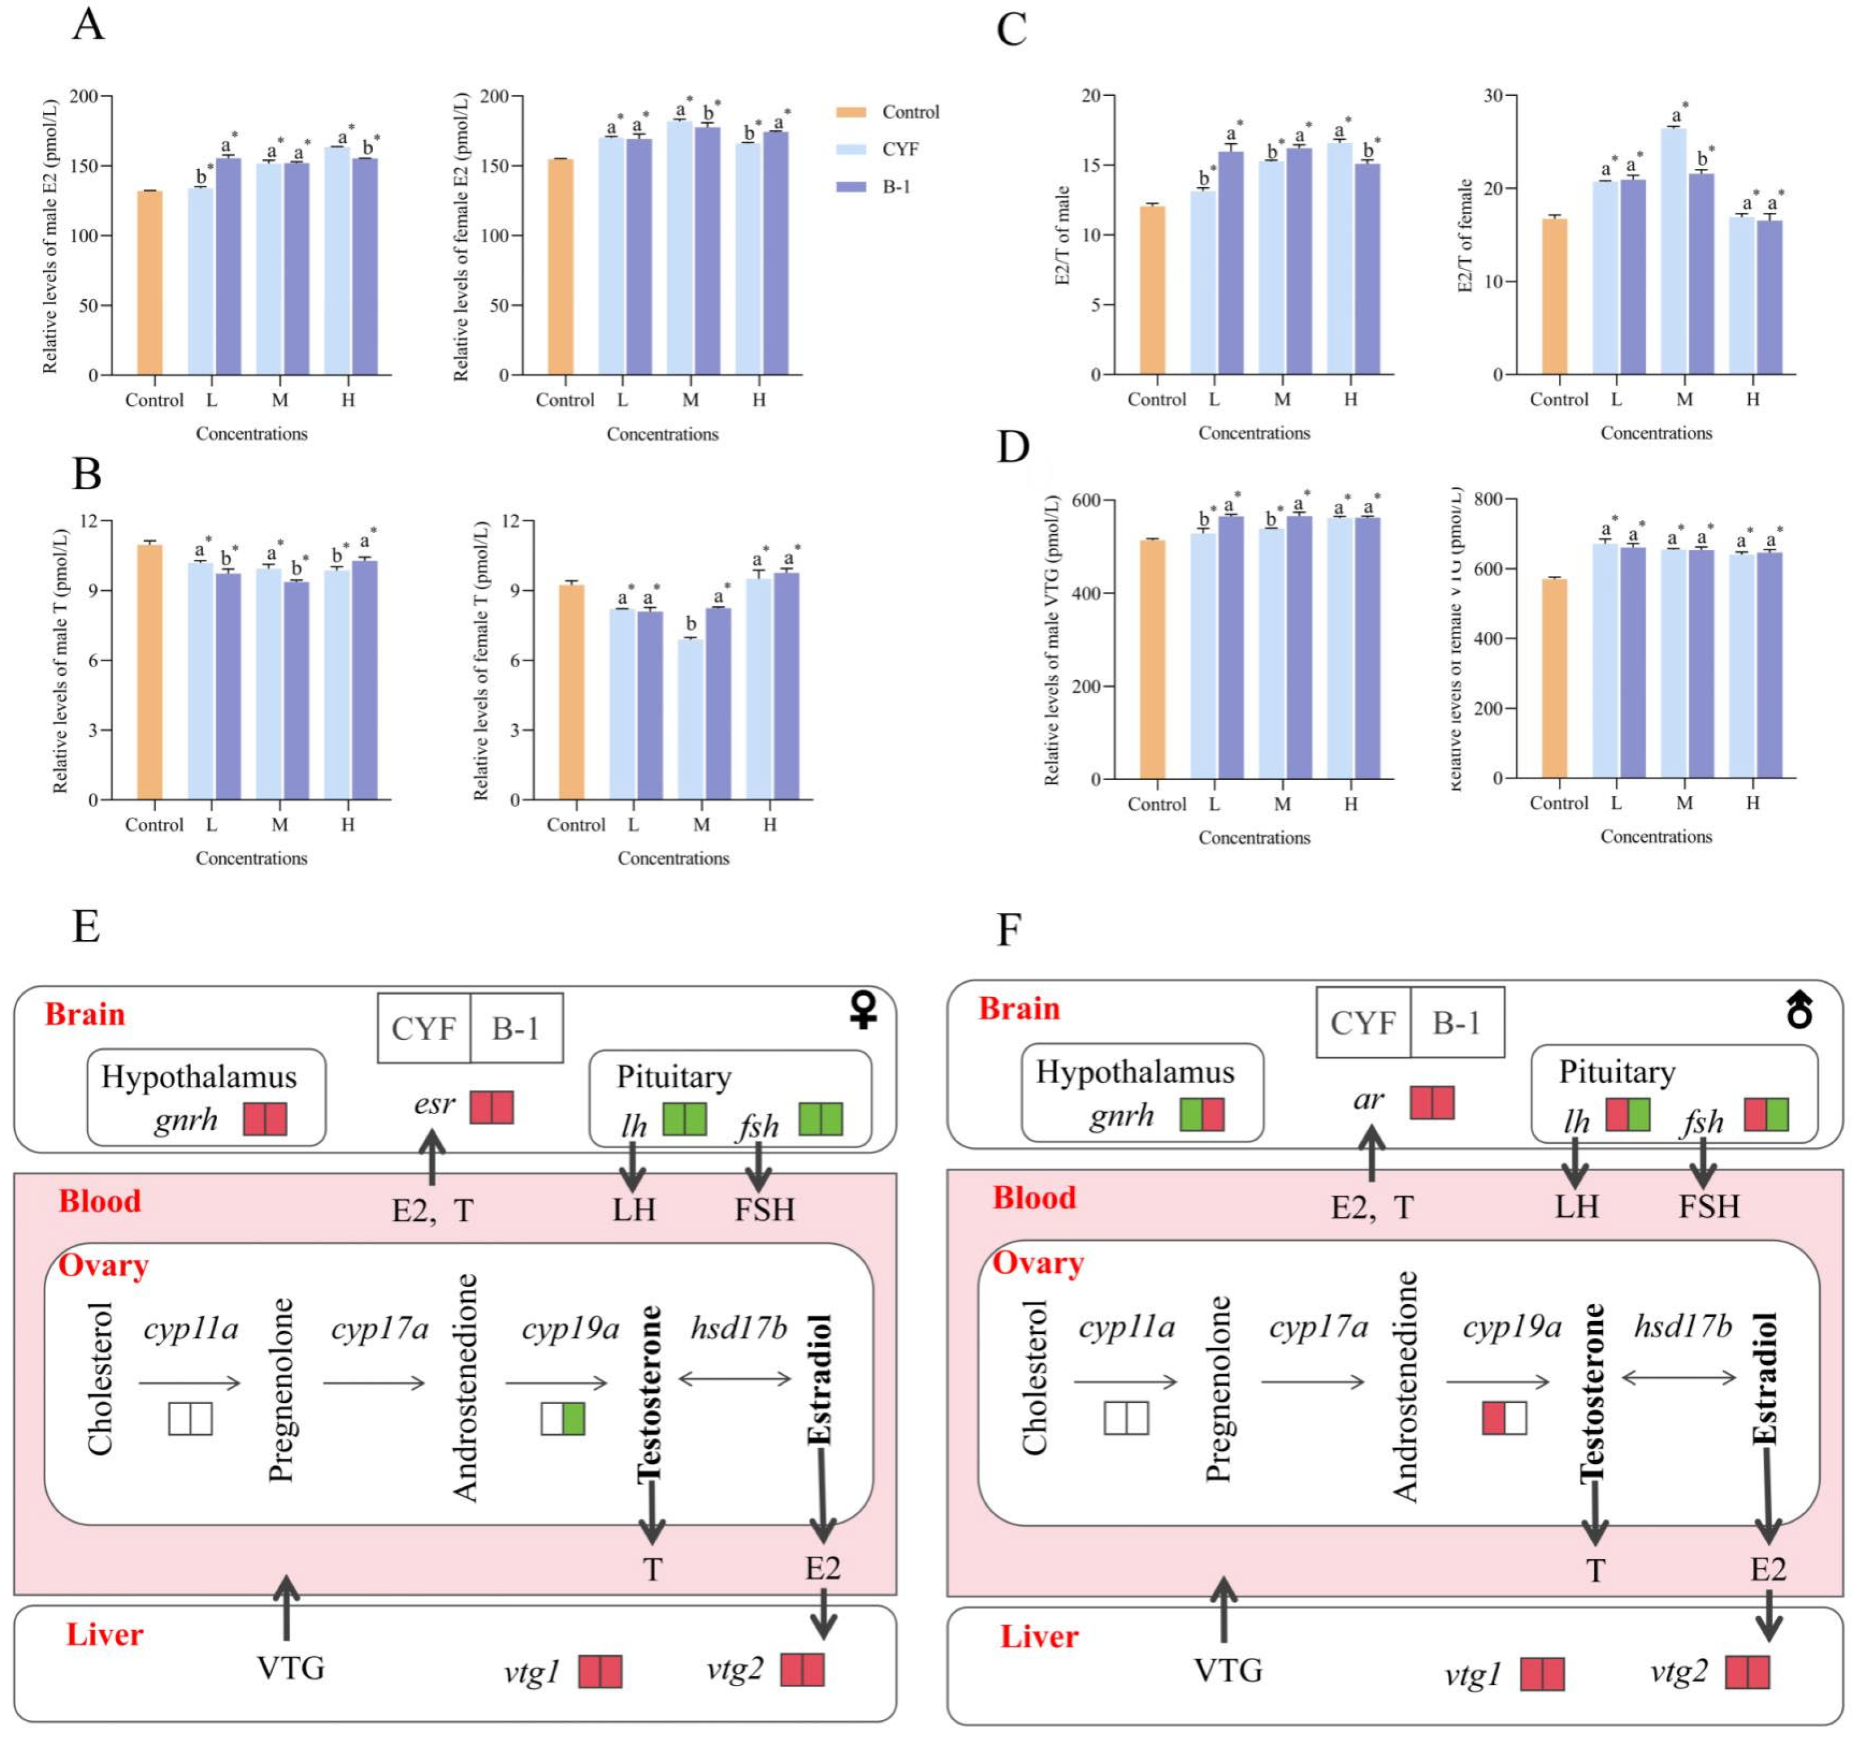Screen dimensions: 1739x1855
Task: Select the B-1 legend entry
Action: click(896, 187)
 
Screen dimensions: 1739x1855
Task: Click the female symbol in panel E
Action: click(863, 1010)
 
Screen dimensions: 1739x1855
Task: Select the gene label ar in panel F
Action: click(1368, 1099)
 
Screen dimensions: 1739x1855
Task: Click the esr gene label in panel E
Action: click(434, 1104)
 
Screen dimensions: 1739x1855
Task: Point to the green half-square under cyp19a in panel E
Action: click(574, 1419)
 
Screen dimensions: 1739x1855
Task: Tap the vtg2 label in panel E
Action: click(735, 1668)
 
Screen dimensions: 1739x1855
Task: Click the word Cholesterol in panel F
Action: click(1034, 1378)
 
